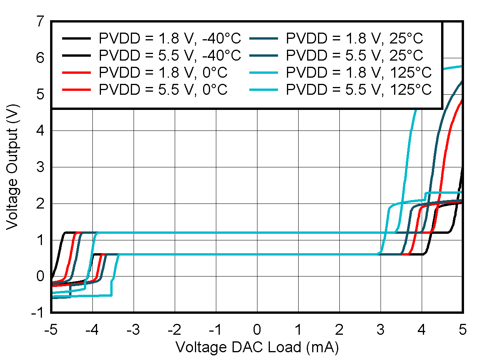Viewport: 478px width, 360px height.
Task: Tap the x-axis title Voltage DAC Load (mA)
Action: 257,347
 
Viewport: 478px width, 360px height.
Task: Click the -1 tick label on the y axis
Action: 38,313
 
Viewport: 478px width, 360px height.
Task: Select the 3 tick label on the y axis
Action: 40,167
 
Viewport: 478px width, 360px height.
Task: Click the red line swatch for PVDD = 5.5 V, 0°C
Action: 77,90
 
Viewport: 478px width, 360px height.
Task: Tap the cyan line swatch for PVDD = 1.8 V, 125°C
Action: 264,73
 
